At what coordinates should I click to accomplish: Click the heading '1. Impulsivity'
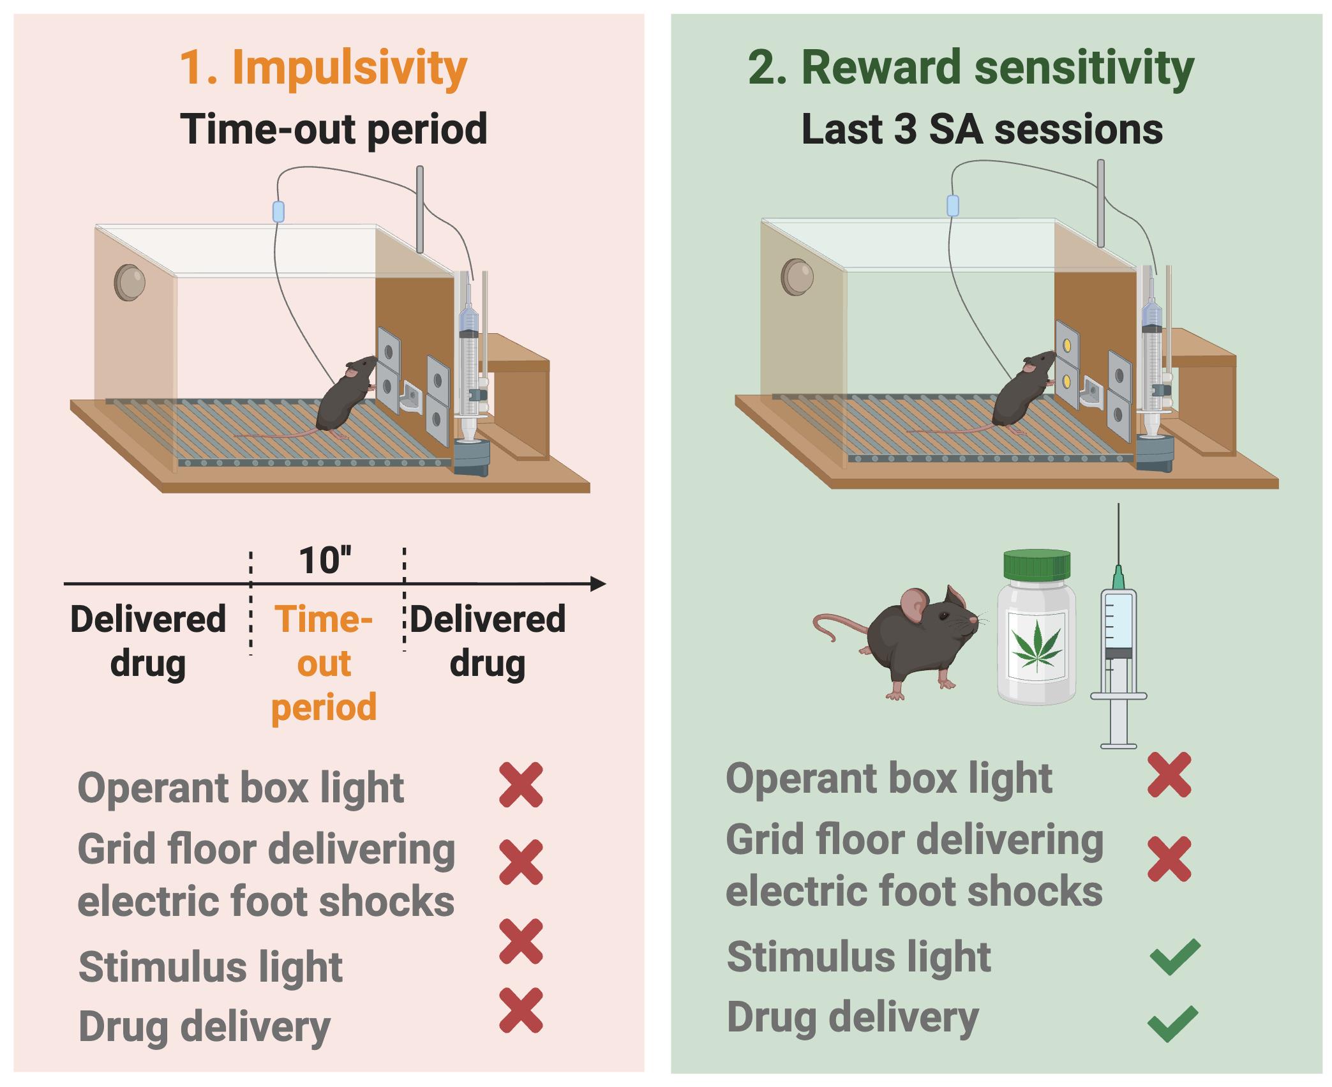coord(324,68)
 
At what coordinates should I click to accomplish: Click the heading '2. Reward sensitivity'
coord(970,68)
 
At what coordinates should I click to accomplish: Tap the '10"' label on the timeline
coord(325,560)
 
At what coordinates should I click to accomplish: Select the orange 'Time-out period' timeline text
coord(324,664)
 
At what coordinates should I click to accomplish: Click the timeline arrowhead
coord(598,583)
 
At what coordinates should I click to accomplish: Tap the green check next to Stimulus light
coord(1174,956)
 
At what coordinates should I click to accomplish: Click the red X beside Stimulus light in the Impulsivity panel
coord(521,941)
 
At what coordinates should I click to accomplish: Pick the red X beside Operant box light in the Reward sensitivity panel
coord(1169,774)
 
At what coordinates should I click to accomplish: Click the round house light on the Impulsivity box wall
coord(130,282)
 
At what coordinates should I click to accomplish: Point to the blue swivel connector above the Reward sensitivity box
coord(952,206)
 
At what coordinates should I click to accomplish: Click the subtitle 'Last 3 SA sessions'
coord(982,130)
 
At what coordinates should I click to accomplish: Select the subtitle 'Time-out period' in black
coord(333,130)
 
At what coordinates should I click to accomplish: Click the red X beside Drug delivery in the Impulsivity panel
coord(521,1010)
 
